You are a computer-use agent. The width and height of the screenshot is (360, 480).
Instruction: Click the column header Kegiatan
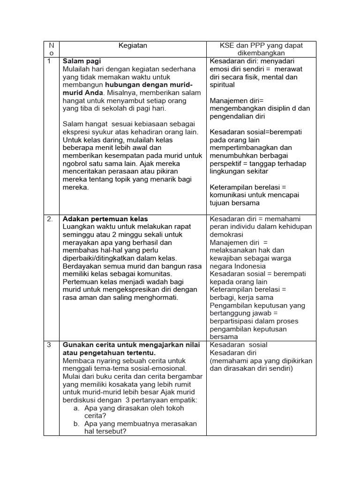point(133,45)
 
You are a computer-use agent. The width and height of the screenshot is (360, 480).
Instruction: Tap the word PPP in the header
point(250,45)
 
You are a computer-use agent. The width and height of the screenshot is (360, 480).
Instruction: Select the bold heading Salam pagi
point(82,61)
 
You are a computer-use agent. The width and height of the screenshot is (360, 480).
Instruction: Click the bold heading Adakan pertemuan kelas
point(105,219)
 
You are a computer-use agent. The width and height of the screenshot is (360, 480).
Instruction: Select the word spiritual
point(223,85)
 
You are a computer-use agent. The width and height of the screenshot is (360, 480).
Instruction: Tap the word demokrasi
point(226,234)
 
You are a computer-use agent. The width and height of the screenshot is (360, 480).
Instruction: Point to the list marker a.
point(76,408)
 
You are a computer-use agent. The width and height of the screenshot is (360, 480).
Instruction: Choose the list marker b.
point(76,424)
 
